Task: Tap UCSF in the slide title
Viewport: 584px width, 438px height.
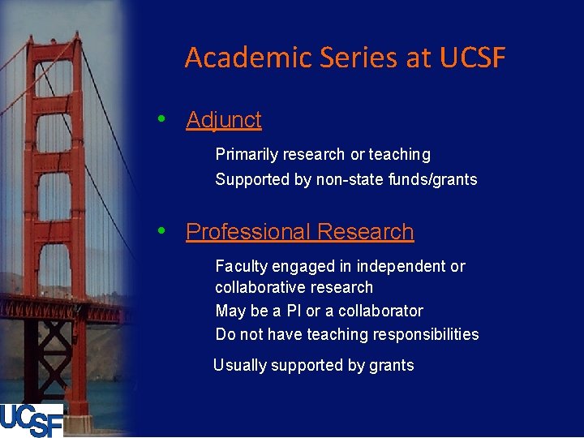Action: pyautogui.click(x=472, y=58)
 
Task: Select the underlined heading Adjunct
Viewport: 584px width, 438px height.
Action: pyautogui.click(x=224, y=120)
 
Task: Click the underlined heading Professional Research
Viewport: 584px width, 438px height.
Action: pyautogui.click(x=299, y=232)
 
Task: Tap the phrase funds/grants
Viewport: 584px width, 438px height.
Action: pyautogui.click(x=444, y=179)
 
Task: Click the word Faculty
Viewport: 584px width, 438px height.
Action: pyautogui.click(x=241, y=266)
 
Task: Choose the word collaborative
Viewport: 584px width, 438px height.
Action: pyautogui.click(x=255, y=287)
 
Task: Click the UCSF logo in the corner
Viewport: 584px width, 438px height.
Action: pyautogui.click(x=32, y=420)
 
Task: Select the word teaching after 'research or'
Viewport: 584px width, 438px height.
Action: pyautogui.click(x=400, y=154)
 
